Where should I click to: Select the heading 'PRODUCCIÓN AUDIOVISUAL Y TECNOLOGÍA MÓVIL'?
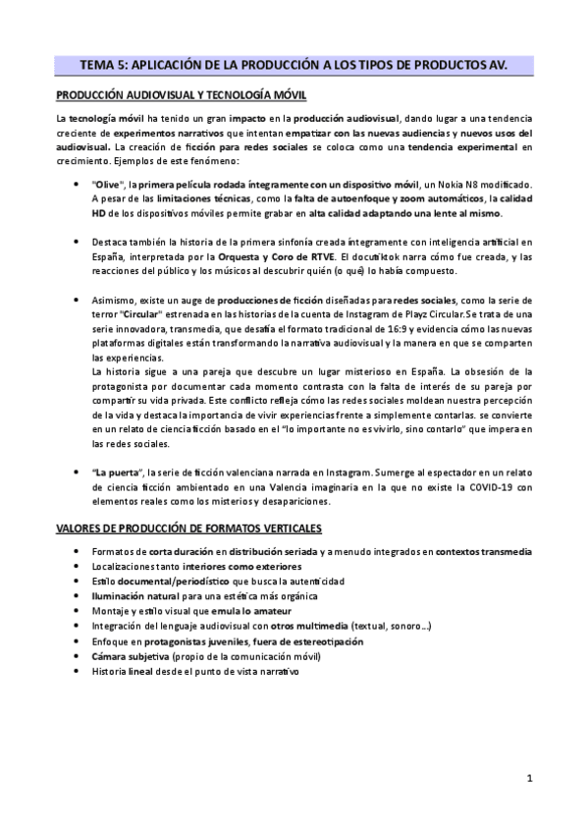[x=181, y=95]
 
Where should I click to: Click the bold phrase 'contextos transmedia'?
[x=483, y=551]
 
